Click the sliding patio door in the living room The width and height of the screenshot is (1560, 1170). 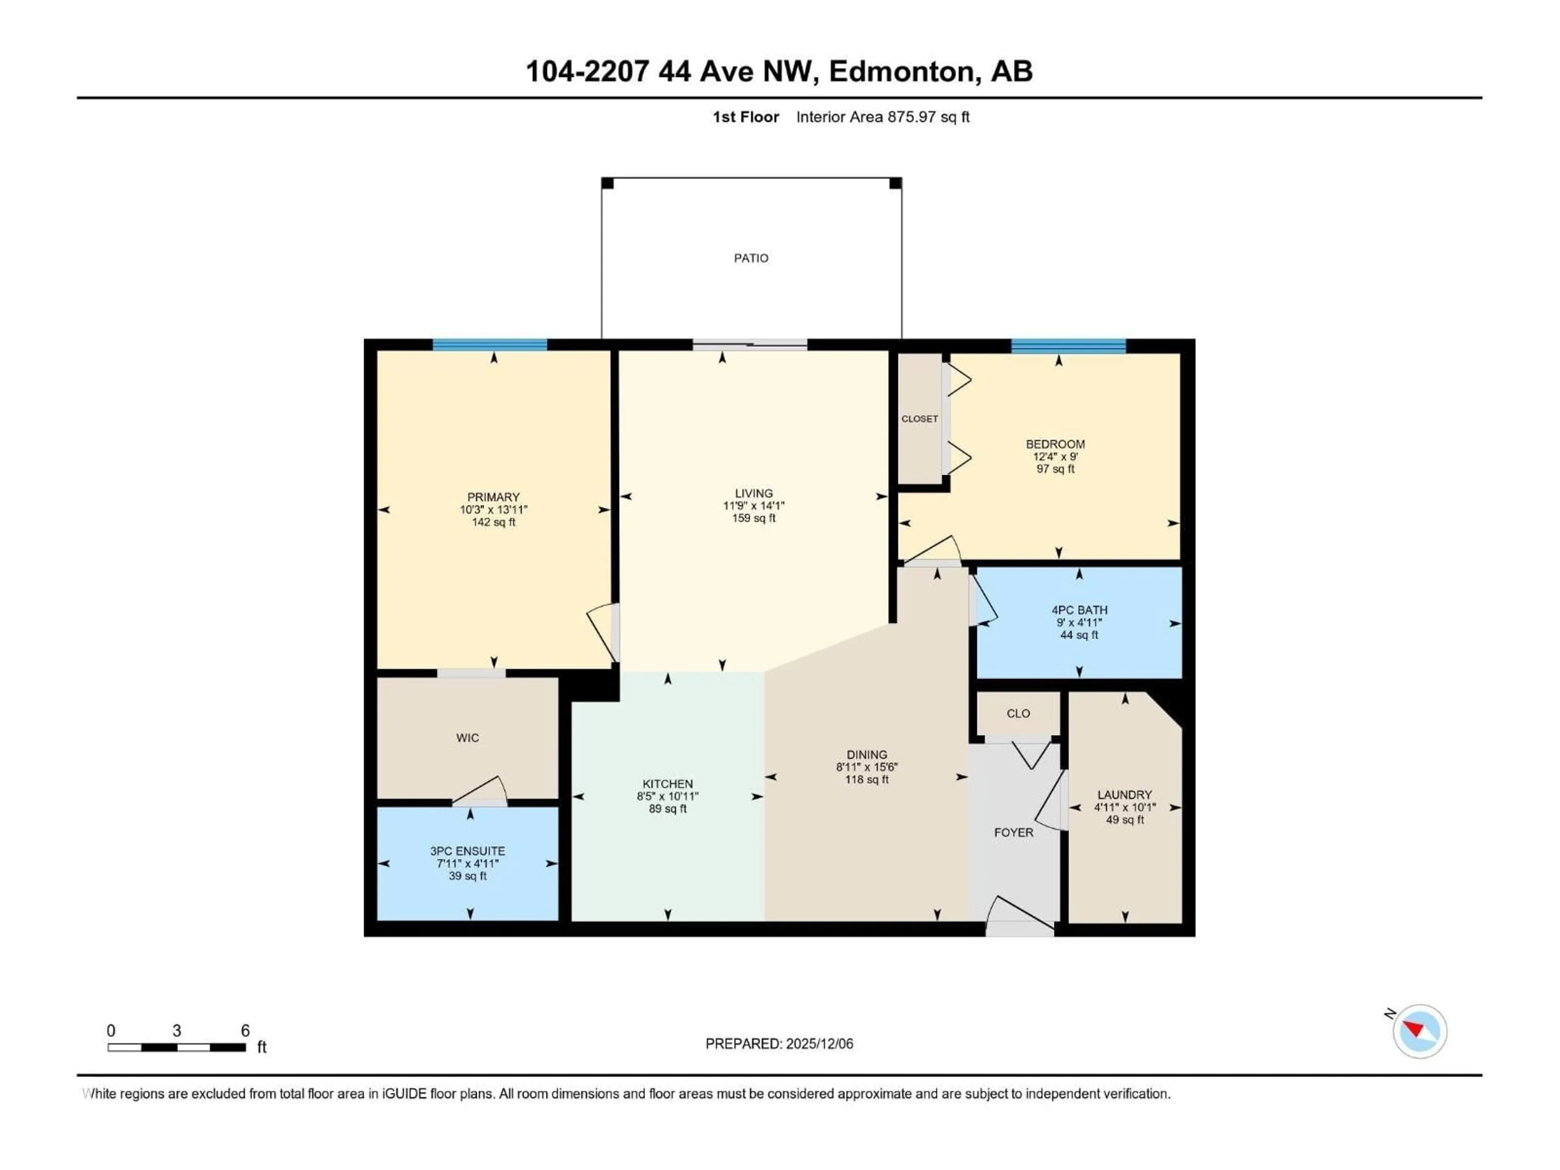[749, 344]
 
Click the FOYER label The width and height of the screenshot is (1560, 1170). [1014, 832]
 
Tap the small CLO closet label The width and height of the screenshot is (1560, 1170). [1018, 713]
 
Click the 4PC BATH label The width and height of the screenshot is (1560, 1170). [1079, 610]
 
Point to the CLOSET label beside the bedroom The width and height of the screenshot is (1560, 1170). [920, 419]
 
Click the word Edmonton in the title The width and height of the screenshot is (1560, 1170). [903, 71]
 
